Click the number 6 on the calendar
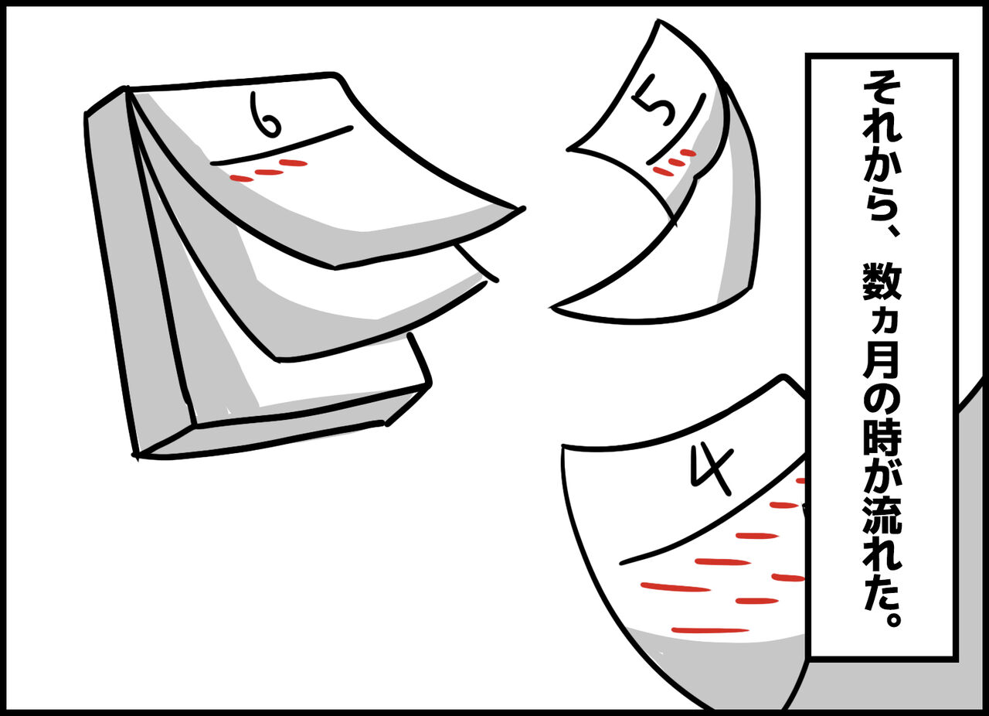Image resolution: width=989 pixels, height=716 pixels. pos(264,114)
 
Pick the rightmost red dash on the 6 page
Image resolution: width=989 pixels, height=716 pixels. pos(293,163)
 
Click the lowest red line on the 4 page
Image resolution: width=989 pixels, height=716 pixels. pos(710,630)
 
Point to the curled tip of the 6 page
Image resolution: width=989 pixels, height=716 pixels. pos(521,209)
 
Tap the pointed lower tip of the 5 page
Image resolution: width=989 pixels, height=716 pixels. pos(552,307)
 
